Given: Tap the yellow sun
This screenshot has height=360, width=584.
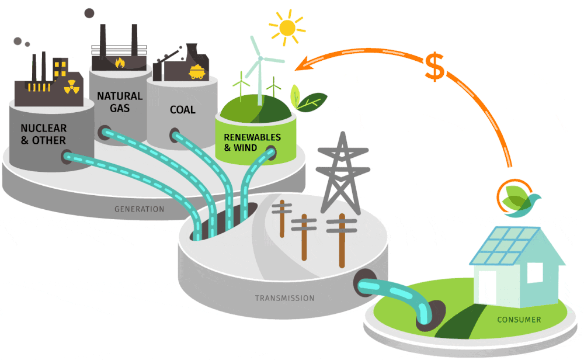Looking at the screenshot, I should pos(287,27).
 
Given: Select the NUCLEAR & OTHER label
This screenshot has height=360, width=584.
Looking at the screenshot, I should pos(43,134).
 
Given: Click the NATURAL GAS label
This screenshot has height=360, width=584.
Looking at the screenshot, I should pos(119,102).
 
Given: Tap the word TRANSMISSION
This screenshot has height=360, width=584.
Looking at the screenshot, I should pos(284,298).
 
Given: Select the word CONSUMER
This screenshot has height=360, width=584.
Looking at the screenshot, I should pos(519,320).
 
